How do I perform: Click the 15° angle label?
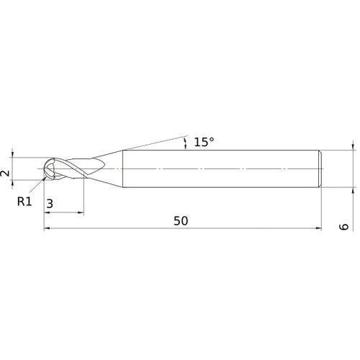point(204,142)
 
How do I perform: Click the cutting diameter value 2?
point(5,174)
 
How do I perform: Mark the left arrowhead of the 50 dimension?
point(48,229)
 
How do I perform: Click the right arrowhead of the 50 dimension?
point(318,229)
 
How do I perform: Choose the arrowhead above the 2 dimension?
point(13,154)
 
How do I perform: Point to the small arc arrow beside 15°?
point(186,143)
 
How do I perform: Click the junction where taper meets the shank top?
point(123,149)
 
